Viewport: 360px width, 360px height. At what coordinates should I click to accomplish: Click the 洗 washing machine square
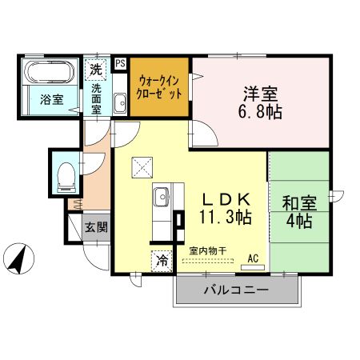pos(96,69)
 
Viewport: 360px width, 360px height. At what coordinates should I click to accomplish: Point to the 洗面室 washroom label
pos(96,99)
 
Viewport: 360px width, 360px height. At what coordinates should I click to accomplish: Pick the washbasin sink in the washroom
pos(120,102)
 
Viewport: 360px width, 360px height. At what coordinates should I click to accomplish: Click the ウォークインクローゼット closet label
pos(160,86)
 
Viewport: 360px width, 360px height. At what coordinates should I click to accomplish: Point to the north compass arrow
pos(22,258)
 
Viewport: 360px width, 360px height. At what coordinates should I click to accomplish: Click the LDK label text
pos(226,198)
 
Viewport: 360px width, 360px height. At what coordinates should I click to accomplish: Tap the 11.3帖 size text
pos(226,217)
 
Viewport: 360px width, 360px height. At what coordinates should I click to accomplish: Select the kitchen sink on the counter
pos(161,195)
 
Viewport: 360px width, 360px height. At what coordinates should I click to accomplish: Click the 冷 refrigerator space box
pos(162,259)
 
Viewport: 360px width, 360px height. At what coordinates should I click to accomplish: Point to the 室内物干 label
pos(207,250)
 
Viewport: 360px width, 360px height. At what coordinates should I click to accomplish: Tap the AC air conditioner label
pos(254,258)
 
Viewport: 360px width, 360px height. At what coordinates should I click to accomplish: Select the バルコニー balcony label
pos(237,289)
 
